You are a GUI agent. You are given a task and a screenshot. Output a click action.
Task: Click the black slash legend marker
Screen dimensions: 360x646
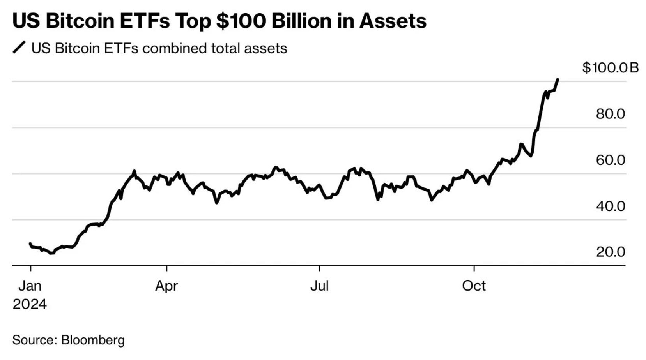tap(19, 48)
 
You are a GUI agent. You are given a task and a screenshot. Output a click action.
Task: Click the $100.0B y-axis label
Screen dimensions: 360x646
tap(610, 68)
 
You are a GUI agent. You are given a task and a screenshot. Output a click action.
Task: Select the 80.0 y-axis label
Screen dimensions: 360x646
tap(610, 114)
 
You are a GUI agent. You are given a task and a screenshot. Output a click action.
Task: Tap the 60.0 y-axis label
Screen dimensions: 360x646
tap(610, 160)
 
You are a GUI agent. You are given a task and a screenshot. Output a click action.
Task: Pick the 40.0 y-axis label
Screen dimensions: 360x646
tap(610, 206)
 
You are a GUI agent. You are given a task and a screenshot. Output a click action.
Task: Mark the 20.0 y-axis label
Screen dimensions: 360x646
tap(610, 252)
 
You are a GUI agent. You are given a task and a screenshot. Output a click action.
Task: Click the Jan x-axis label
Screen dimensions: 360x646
tap(30, 286)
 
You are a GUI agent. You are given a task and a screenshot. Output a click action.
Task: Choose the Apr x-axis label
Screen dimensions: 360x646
tap(166, 286)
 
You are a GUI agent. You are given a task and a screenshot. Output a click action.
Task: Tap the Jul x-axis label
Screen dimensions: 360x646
tap(319, 286)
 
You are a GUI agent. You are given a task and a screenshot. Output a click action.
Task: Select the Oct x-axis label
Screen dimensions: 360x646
tap(474, 286)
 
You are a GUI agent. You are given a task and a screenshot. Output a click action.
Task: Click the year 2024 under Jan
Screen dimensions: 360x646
tap(30, 304)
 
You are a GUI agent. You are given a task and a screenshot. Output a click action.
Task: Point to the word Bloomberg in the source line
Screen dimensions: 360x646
tap(93, 340)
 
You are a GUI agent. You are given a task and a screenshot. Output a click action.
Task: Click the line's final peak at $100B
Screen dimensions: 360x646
tap(558, 79)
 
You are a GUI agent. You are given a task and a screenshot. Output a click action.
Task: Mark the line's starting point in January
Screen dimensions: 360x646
tap(30, 244)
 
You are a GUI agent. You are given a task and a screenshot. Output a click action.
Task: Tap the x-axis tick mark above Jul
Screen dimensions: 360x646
tap(319, 268)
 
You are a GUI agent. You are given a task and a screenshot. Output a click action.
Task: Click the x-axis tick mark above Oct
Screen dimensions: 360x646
tap(474, 268)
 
